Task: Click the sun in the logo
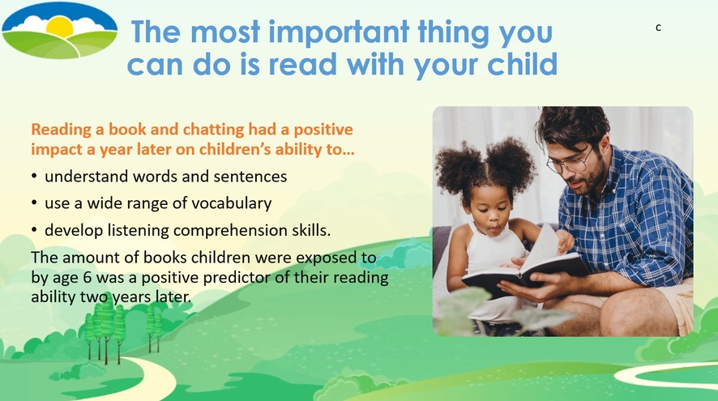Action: [60, 28]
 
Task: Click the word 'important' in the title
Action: [339, 32]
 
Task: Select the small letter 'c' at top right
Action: [658, 28]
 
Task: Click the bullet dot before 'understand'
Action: [34, 177]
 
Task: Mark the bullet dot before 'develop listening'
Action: [34, 230]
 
